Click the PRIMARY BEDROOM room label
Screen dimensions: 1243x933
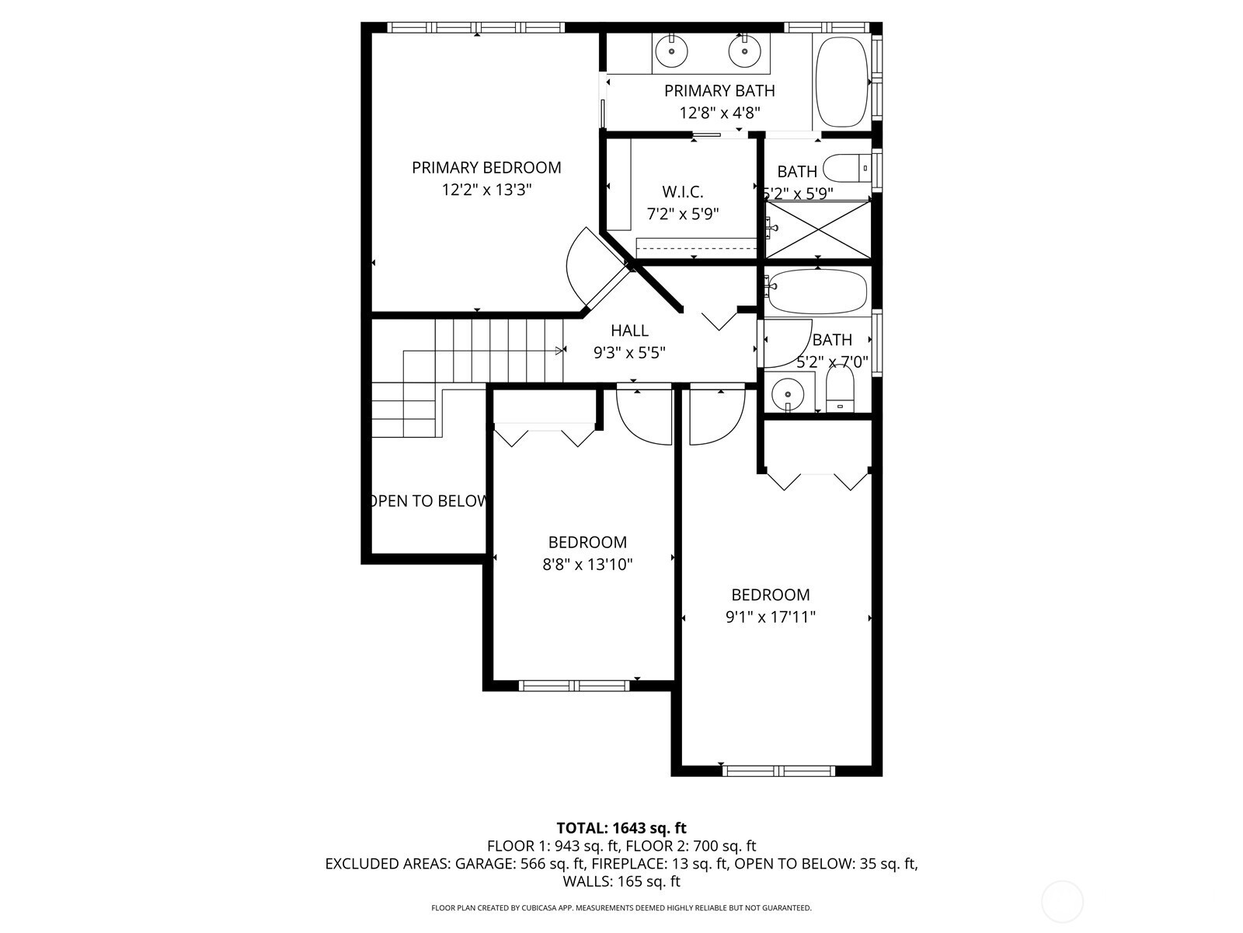coord(486,168)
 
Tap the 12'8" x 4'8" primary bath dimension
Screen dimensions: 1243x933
coord(719,113)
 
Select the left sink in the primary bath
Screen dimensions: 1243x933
coord(672,51)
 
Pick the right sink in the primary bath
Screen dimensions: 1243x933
coord(745,51)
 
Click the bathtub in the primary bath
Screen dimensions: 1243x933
coord(841,82)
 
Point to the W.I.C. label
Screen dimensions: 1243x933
coord(683,192)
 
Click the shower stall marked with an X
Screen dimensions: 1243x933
coord(817,229)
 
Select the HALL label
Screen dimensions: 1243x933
coord(630,330)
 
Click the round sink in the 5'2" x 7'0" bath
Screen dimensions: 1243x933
coord(788,394)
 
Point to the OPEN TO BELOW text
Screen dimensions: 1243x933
coord(427,501)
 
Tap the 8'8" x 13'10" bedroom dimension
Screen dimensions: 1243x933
coord(587,564)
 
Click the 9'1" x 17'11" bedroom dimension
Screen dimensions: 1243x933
coord(770,617)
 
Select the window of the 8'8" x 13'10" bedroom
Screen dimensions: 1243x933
coord(574,686)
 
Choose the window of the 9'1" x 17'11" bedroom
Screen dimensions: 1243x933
coord(779,771)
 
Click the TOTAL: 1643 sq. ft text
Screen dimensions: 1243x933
coord(621,828)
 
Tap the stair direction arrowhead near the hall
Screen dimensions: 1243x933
coord(561,351)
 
